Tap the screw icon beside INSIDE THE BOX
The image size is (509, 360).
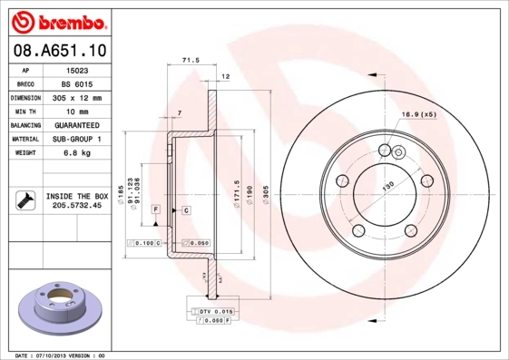[x=24, y=199]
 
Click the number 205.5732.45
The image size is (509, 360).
[x=76, y=206]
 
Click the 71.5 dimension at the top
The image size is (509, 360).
[x=191, y=61]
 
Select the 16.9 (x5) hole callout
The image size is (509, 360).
[x=418, y=115]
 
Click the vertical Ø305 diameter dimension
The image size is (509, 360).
[x=264, y=195]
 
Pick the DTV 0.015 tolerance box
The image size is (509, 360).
[x=211, y=311]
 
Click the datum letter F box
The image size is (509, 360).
[x=155, y=209]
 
